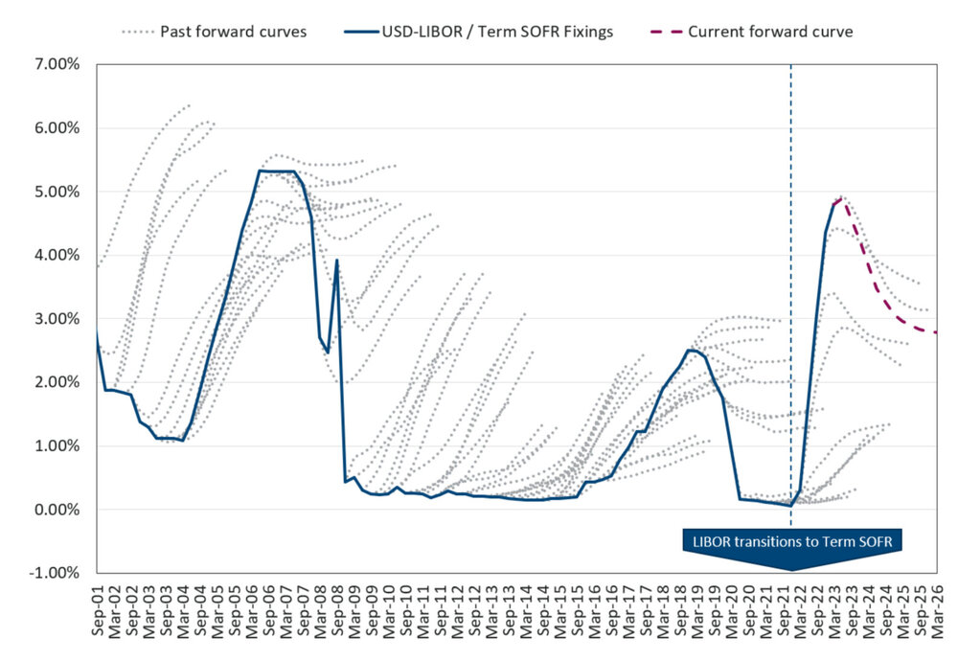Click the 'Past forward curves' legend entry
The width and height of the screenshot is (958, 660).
point(213,32)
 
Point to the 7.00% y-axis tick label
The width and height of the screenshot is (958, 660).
point(57,65)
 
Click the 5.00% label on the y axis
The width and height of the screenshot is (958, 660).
point(57,192)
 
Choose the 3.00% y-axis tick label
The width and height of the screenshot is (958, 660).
point(57,319)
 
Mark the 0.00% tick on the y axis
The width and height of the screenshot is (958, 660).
point(57,510)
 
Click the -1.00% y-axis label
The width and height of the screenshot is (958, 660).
point(55,573)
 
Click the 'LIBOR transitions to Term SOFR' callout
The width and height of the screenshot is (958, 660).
point(791,543)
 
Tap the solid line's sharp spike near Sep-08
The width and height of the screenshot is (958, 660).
point(337,260)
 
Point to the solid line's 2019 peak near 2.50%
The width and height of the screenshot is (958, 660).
point(691,350)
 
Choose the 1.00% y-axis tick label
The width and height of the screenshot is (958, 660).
point(57,446)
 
